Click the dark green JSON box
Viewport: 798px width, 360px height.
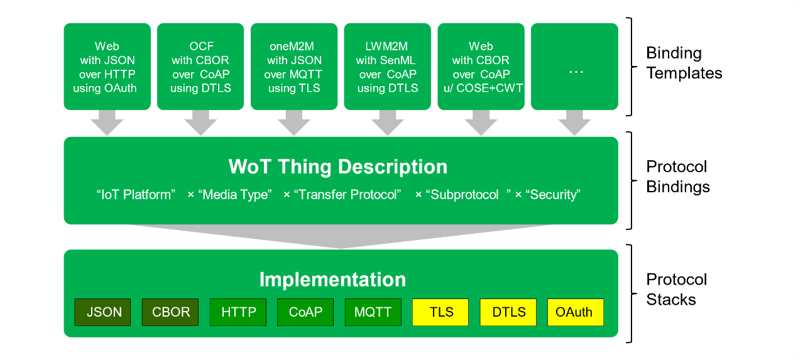click(x=102, y=312)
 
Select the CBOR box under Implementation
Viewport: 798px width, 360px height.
click(x=170, y=312)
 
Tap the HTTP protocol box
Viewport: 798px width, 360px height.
click(x=238, y=312)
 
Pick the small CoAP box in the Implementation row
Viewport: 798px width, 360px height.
click(x=305, y=312)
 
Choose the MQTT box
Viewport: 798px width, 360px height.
click(x=373, y=312)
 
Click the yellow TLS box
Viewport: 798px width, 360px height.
click(x=440, y=312)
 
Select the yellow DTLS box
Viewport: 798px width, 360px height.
click(x=508, y=312)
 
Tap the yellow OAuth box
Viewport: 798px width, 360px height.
click(x=576, y=312)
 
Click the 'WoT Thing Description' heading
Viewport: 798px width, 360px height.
click(x=337, y=166)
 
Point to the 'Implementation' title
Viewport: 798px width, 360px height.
click(x=332, y=280)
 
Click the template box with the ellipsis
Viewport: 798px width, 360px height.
click(x=574, y=67)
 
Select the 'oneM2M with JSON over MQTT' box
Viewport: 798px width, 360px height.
click(x=294, y=67)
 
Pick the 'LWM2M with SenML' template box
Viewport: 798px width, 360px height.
click(x=387, y=67)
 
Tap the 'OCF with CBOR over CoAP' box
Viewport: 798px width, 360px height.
click(x=200, y=67)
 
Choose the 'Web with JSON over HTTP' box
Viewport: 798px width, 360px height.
click(x=107, y=67)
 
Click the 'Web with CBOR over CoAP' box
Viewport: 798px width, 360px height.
click(x=481, y=67)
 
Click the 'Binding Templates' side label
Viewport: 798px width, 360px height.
click(x=684, y=63)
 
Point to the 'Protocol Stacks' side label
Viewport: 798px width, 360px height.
click(x=677, y=290)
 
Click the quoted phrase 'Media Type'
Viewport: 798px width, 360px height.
click(x=235, y=195)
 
